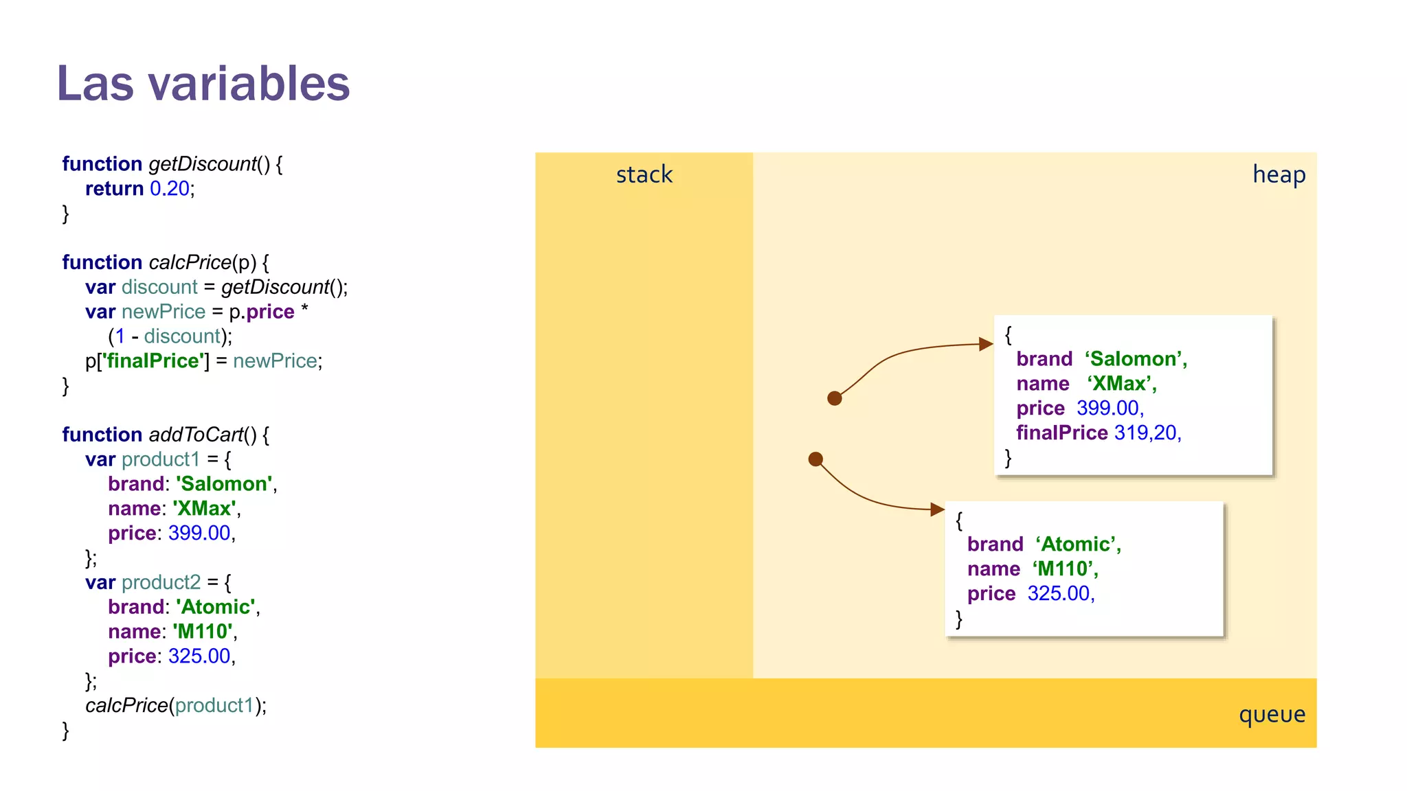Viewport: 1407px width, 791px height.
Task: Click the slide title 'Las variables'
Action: [203, 84]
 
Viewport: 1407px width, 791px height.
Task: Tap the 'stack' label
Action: [644, 174]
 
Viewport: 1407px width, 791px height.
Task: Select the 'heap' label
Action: [1279, 174]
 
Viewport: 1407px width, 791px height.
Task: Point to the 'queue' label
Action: [1272, 714]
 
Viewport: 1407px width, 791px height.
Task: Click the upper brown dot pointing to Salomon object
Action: [835, 398]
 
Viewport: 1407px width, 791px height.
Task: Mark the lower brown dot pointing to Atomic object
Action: [815, 459]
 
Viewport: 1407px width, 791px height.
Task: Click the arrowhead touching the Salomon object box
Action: [987, 344]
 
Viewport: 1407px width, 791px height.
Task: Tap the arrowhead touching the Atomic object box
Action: [937, 509]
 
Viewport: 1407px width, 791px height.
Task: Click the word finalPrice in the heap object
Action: [1061, 433]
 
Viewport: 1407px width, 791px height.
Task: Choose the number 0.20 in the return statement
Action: [170, 189]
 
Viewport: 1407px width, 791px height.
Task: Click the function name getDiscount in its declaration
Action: [203, 164]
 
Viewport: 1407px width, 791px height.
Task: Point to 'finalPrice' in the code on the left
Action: [155, 361]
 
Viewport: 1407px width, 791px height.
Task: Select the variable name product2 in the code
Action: [161, 582]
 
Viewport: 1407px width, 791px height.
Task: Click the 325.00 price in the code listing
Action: [199, 656]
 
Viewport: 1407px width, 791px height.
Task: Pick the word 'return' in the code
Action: [114, 189]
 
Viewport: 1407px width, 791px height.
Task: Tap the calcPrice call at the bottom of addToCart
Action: [126, 706]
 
